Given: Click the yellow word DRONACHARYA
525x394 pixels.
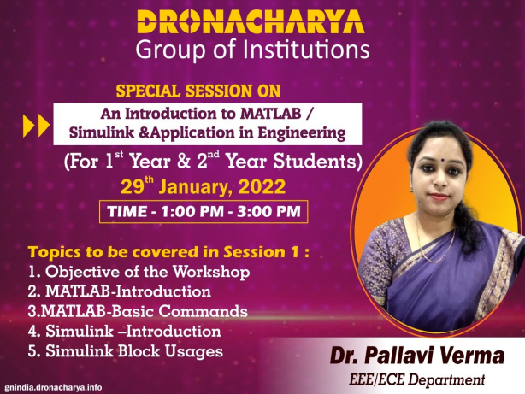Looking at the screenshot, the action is [x=251, y=22].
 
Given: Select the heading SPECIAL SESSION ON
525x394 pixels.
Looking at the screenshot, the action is [x=198, y=91].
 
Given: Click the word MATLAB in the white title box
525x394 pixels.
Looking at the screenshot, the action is [x=271, y=114].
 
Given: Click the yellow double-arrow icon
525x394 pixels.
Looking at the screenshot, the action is [x=36, y=126].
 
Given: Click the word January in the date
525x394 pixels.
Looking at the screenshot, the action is [x=194, y=187].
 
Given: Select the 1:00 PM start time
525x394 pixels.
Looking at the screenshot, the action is [x=192, y=212].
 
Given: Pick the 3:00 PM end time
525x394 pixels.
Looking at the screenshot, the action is [x=268, y=212].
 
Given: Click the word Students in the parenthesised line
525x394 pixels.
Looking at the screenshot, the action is [x=317, y=162].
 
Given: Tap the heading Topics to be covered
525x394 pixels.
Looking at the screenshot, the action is [x=168, y=252].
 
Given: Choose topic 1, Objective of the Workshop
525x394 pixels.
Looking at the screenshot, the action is [x=139, y=272].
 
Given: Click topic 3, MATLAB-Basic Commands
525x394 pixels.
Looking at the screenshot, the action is [x=138, y=311].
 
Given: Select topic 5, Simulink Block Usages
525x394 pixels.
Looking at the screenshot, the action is [x=126, y=351].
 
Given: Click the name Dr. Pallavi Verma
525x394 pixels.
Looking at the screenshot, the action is [x=417, y=356].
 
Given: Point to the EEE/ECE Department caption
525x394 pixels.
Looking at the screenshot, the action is [x=416, y=380].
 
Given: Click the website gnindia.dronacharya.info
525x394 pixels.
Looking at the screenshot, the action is [x=53, y=387].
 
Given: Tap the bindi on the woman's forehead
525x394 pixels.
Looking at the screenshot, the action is [x=442, y=160].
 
